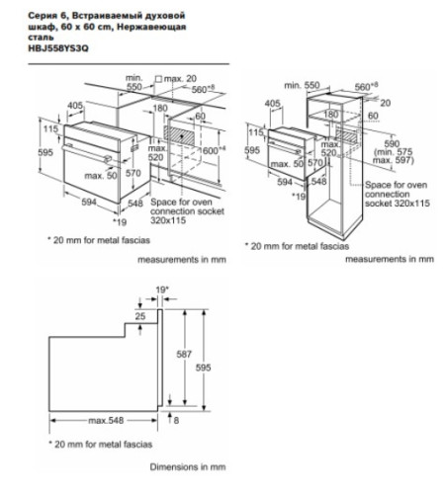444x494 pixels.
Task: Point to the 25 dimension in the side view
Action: pos(141,315)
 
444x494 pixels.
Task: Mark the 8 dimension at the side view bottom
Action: pos(176,420)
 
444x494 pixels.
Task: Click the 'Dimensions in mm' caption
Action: pos(187,465)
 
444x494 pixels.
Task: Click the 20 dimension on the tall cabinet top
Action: pos(385,102)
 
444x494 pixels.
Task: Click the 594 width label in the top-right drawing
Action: pos(283,183)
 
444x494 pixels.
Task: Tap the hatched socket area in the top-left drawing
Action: pos(177,133)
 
